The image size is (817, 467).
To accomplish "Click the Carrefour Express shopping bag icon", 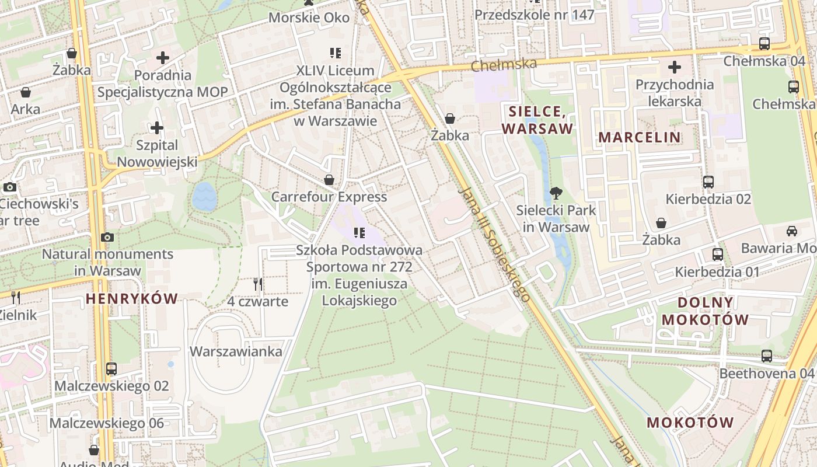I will coord(329,179).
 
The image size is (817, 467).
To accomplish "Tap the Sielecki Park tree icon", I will coord(556,193).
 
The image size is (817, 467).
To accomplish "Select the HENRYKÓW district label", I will coord(131,299).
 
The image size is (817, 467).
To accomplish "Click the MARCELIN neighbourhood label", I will coord(640,138).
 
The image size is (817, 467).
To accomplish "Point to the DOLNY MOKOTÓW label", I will coord(705,311).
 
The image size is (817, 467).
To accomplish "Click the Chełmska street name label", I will coord(503,64).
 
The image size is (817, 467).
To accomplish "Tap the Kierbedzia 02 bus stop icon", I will coord(708,182).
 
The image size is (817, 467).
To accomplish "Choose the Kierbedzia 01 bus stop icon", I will coord(718,255).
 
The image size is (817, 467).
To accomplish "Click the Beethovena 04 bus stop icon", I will coord(767,356).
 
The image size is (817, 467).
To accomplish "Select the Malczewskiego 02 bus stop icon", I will coord(111,369).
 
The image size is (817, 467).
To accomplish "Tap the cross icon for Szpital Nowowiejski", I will coord(157,127).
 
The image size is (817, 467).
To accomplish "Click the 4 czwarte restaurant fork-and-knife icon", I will coord(258,284).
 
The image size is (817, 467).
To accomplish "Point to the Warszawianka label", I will coord(236,351).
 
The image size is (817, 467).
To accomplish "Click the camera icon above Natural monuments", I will coord(107,237).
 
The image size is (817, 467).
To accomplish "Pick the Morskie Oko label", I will coord(309,18).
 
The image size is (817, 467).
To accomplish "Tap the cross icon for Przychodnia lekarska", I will coord(675,67).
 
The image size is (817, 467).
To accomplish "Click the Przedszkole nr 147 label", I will coord(535,15).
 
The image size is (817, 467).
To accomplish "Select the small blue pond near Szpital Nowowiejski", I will coord(204,196).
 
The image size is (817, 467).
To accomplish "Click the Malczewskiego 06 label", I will coord(107,423).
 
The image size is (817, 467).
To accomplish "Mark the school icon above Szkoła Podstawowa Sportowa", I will coord(359,233).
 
